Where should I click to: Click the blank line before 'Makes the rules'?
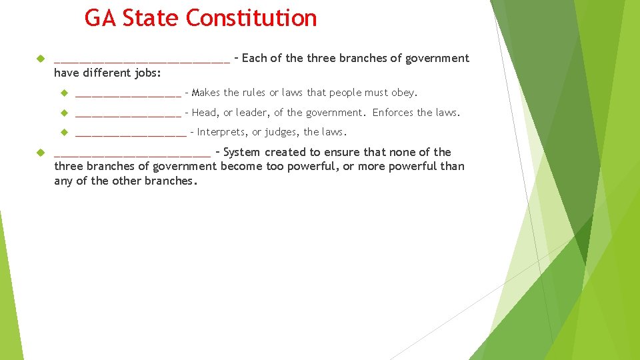(128, 95)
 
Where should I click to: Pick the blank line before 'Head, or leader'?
(128, 115)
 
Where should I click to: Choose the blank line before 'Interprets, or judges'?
(131, 135)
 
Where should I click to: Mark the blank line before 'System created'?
(132, 155)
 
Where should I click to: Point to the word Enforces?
(393, 113)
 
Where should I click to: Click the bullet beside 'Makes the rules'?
(65, 93)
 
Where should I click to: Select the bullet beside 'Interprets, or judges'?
(65, 132)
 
